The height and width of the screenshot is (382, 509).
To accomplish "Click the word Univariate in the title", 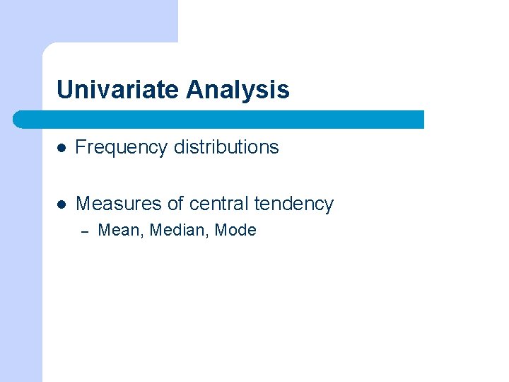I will [x=118, y=90].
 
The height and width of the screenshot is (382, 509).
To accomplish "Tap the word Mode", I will [x=235, y=230].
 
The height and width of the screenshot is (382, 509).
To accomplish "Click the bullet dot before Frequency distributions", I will [x=62, y=148].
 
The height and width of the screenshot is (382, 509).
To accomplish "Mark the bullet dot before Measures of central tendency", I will [x=62, y=204].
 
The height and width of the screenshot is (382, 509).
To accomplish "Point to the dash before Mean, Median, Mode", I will [x=83, y=231].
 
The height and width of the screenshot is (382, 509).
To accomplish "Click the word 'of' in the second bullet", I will [x=176, y=204].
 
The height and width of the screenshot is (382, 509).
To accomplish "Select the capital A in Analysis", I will [x=194, y=90].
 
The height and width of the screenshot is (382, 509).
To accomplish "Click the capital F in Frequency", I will [x=80, y=147].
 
